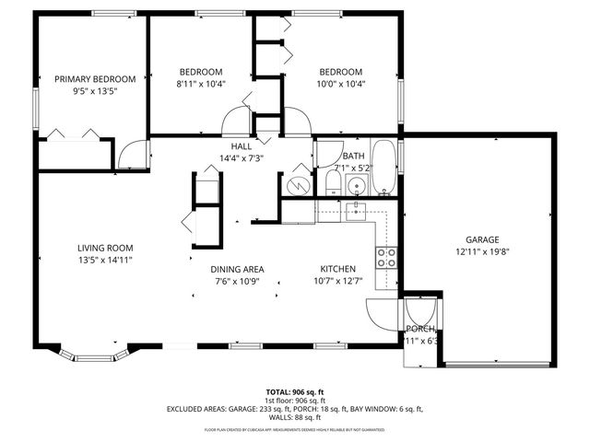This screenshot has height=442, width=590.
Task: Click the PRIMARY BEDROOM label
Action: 95,78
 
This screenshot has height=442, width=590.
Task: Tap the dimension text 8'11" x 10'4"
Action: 201,85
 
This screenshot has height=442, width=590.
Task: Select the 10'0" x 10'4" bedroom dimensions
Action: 340,85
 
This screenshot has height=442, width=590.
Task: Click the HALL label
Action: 242,145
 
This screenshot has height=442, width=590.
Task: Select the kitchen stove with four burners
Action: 386,257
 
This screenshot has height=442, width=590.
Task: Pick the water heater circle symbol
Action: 297,184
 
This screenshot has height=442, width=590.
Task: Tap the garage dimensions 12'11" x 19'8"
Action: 481,250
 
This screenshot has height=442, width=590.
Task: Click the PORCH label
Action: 420,329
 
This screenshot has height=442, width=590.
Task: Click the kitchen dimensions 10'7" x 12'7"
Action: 338,282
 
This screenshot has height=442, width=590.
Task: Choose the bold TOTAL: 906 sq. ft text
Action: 294,390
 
